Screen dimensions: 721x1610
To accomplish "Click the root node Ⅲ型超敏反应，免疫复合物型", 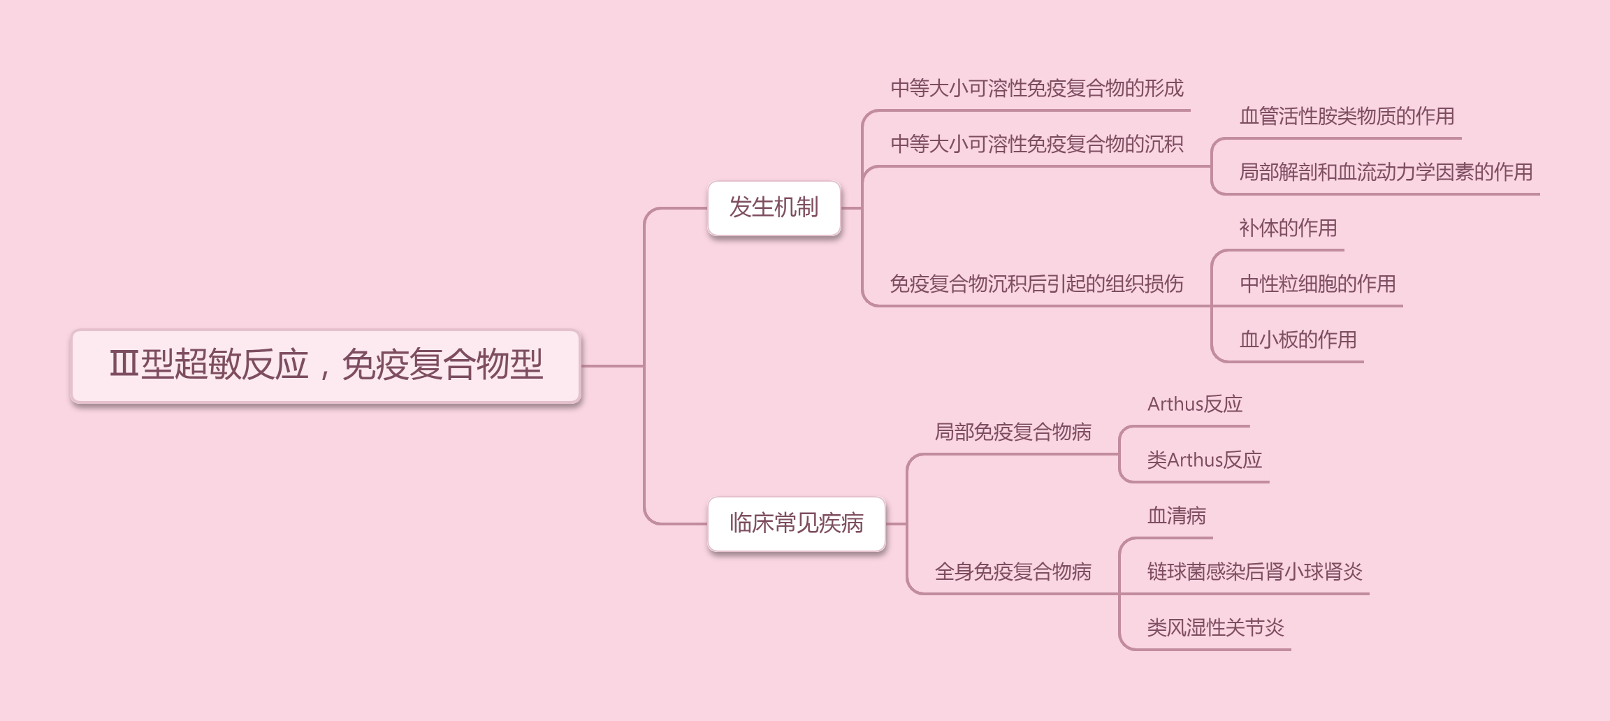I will point(326,365).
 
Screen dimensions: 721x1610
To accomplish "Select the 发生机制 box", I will point(774,207).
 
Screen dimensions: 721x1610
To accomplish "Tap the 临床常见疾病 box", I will point(796,523).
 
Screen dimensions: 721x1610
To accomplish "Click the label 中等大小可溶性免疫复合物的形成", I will point(1036,89).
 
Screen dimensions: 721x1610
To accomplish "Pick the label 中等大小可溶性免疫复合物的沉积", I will point(1036,145).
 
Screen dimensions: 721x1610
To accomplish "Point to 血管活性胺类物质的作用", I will point(1347,117).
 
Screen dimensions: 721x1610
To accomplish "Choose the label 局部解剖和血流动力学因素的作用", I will point(1386,173).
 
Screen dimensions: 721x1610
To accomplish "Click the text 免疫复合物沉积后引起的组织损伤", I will point(1036,284).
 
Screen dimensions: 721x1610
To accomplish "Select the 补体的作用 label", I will point(1288,228).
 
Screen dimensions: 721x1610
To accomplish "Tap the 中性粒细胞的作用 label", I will point(1317,284).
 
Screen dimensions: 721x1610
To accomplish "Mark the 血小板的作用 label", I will point(1298,340).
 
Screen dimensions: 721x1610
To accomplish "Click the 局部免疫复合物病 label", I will point(1013,432).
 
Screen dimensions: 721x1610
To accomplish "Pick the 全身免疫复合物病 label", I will point(1013,572).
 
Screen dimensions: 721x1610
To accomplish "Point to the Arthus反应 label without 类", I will point(1194,405).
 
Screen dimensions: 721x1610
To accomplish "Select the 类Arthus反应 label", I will point(1204,460).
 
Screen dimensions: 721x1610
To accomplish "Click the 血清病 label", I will point(1176,516).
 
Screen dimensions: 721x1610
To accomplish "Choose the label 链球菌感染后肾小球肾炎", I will point(1254,572).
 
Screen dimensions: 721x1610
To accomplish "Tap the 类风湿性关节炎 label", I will point(1215,628).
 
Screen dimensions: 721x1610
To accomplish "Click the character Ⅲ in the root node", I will point(124,364).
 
